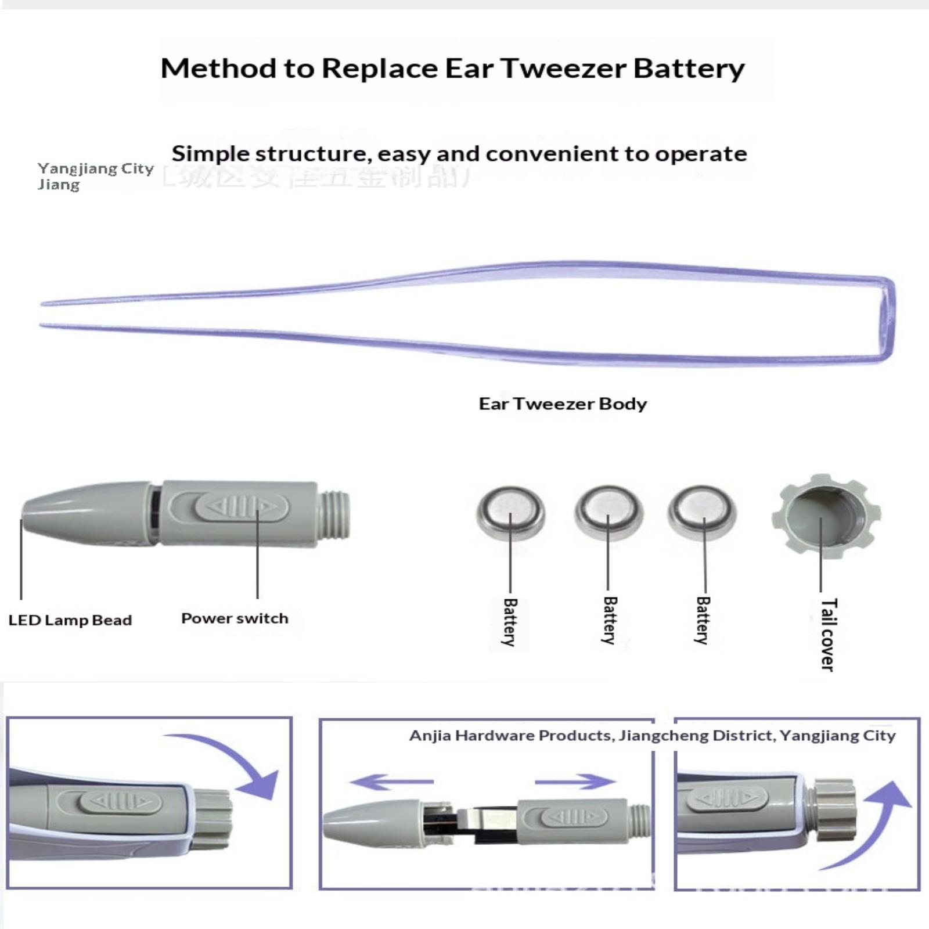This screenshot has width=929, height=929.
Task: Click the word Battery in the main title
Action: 689,69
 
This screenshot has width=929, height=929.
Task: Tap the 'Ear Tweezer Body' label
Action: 562,404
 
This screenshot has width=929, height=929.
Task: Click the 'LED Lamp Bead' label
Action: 70,620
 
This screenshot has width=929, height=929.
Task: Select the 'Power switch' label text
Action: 235,618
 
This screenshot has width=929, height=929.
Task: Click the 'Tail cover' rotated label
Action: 828,635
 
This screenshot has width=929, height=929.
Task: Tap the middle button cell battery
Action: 608,511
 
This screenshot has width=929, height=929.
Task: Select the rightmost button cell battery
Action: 702,511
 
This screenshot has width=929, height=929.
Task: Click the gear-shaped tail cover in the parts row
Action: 825,516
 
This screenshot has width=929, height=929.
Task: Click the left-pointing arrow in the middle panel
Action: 390,782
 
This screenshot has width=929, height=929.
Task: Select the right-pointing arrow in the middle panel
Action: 575,782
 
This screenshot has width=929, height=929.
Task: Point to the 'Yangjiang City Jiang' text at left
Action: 95,176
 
